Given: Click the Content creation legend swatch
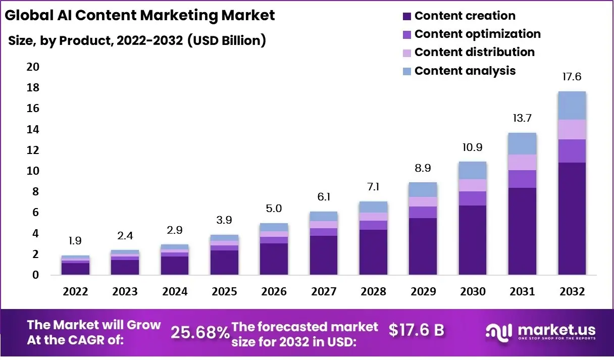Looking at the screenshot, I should click(407, 17).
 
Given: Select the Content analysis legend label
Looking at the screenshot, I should click(465, 71).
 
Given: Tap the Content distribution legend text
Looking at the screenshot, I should click(474, 53).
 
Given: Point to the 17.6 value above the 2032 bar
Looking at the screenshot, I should click(572, 77).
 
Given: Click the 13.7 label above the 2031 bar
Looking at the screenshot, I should click(522, 119).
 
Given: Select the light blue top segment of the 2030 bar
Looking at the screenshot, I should click(473, 170).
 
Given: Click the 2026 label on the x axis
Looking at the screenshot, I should click(274, 292).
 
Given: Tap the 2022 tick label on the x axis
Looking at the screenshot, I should click(75, 292).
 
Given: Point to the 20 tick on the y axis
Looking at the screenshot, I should click(32, 67).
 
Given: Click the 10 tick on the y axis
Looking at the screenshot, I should click(32, 171).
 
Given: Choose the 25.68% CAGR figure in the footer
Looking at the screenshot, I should click(200, 332).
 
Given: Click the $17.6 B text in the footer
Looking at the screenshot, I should click(417, 330).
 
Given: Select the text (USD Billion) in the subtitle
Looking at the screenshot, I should click(226, 40).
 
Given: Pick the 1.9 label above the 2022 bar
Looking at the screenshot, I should click(75, 241).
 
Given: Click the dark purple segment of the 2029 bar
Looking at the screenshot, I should click(423, 246).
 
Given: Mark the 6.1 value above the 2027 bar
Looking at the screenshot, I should click(323, 197).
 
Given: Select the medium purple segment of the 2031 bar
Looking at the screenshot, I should click(522, 179).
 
